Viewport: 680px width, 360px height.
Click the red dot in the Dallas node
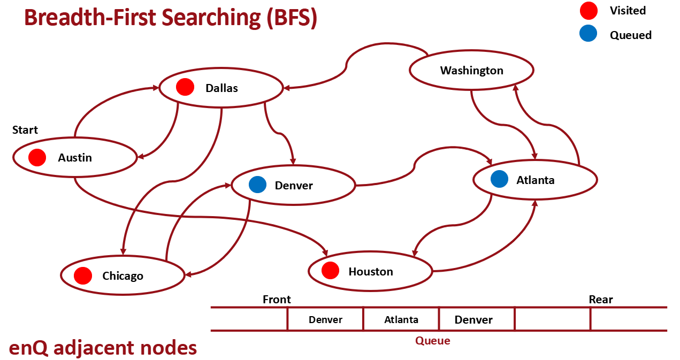point(185,87)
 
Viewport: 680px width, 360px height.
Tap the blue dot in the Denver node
point(257,185)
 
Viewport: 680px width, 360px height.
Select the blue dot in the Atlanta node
point(499,179)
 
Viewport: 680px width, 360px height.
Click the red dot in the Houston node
point(331,271)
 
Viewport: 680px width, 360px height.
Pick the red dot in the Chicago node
point(83,275)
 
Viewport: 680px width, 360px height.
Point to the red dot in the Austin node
point(37,157)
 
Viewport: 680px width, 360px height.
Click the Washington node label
point(471,71)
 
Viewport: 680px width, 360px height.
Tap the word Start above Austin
point(25,130)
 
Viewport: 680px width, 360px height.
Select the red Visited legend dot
point(588,11)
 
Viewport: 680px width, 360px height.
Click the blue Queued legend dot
point(588,34)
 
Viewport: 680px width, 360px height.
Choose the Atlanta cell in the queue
point(401,320)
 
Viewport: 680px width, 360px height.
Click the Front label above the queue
point(277,300)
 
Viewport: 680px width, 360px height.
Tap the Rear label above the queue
point(601,300)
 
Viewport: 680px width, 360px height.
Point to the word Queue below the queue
point(433,341)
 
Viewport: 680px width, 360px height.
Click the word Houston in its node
point(371,272)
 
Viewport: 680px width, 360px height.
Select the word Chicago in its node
point(123,276)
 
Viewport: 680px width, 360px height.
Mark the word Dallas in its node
point(221,88)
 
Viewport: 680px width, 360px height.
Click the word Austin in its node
point(75,158)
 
